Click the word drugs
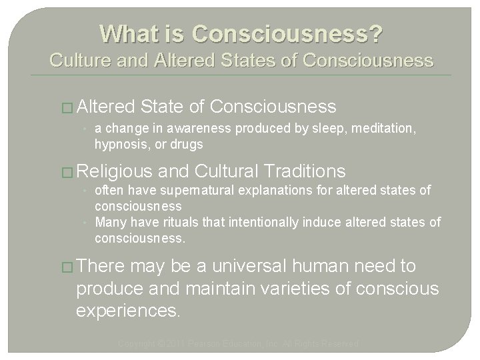(187, 145)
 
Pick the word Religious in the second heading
(116, 170)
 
